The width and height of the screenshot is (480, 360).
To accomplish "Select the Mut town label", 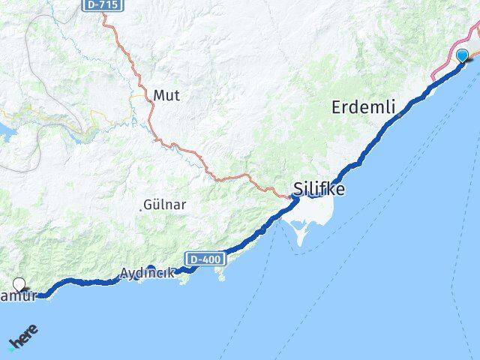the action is point(166,95).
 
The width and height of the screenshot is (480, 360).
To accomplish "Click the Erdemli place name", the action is point(363,107).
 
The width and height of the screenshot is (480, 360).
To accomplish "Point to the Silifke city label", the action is point(319,189).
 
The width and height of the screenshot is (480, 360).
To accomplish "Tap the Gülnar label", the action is point(165,204).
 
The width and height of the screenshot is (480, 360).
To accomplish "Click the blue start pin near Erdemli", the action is point(462,55).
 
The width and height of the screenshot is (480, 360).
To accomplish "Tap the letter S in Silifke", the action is point(298,189).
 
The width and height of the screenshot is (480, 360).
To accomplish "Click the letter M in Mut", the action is point(159,95).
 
